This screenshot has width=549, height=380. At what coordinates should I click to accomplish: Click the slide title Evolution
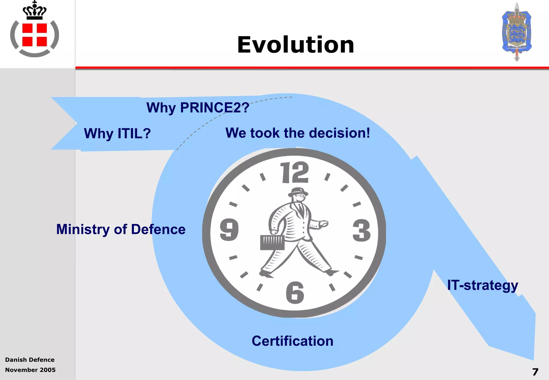295,45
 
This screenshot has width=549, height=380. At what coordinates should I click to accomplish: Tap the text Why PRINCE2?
198,107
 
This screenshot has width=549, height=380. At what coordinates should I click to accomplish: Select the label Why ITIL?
117,133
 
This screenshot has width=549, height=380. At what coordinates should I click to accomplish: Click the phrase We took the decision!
298,133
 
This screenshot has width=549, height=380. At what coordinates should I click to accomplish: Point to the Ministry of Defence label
121,229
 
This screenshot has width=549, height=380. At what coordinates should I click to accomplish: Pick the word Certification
292,341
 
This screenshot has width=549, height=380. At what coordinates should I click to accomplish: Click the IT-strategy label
483,285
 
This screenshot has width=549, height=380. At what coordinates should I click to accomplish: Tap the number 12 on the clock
294,173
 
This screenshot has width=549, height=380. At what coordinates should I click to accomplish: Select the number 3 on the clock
361,230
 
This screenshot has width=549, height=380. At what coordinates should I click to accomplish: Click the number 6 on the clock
295,293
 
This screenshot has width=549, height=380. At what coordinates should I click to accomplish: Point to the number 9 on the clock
229,230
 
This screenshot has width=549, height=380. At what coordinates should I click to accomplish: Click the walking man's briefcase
272,242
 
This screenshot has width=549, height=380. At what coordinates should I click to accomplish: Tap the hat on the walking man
298,191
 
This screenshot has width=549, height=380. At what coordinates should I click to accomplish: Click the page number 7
535,372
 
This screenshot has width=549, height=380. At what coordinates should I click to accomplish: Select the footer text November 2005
30,370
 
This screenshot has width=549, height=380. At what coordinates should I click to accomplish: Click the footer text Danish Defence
30,360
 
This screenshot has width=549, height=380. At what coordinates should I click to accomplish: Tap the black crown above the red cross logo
35,11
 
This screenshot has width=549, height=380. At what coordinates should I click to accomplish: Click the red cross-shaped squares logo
35,35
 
